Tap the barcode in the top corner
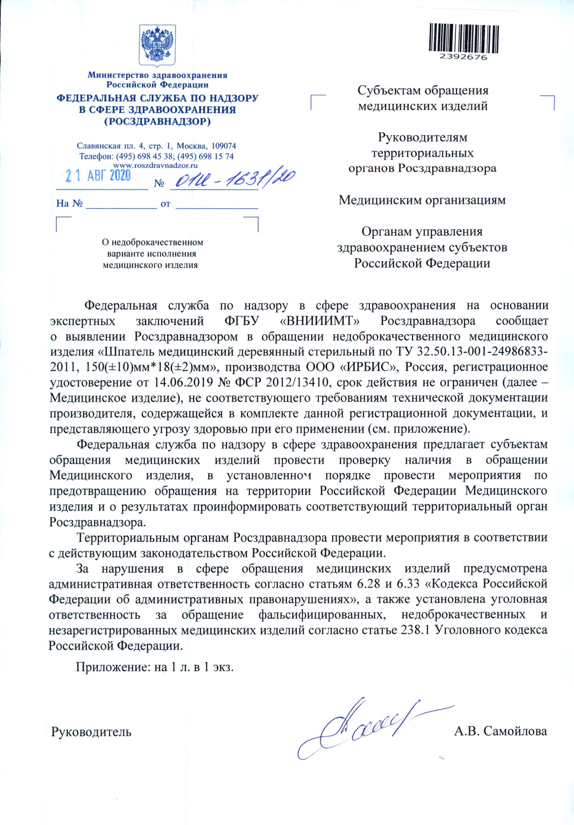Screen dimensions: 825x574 (464, 38)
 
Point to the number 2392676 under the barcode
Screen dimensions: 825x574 (464, 57)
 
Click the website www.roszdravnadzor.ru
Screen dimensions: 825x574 (156, 165)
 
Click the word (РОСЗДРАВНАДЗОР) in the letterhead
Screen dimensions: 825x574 (157, 121)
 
